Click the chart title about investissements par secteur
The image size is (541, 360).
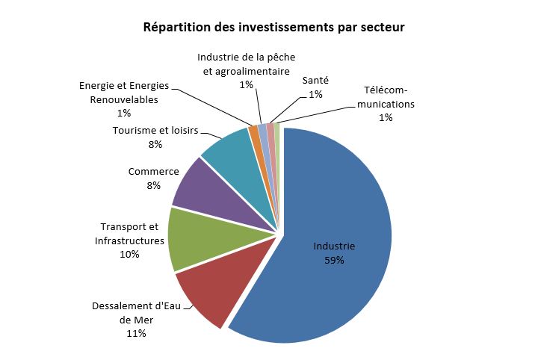pos(273,28)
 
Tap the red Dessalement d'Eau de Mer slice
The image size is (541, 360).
pos(203,295)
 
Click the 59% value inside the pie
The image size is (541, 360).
pos(334,260)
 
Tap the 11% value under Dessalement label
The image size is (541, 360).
pos(135,333)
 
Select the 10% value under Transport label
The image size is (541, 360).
pos(129,254)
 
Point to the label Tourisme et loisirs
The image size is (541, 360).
pos(155,131)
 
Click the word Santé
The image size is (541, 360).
pos(315,80)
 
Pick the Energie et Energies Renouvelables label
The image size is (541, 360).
pos(124,93)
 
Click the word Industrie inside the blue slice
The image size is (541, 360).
pos(334,246)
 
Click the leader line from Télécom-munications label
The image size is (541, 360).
pos(321,114)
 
